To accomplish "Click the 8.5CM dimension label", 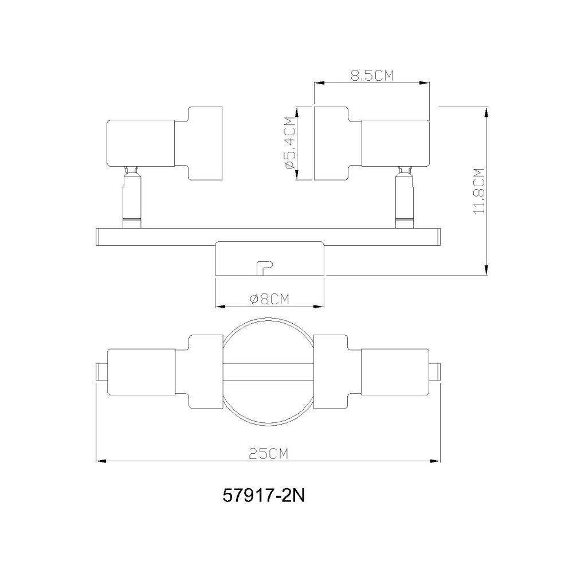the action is click(x=372, y=76).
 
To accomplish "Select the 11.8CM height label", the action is click(x=478, y=191).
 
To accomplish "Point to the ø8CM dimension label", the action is click(x=269, y=299).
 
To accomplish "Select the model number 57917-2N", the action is click(x=264, y=496).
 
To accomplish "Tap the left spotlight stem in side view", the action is click(x=131, y=197).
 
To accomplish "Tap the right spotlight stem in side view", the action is click(x=405, y=197).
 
